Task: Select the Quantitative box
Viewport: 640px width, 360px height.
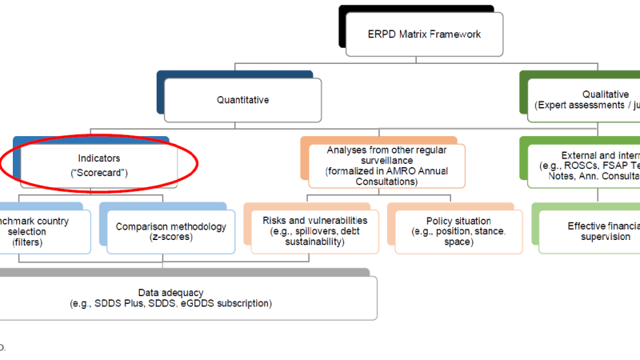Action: coord(242,100)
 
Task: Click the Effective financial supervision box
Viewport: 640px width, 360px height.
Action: coord(592,231)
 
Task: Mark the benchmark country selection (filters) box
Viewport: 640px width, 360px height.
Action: coord(36,230)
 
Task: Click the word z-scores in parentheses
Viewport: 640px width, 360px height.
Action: coord(171,238)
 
